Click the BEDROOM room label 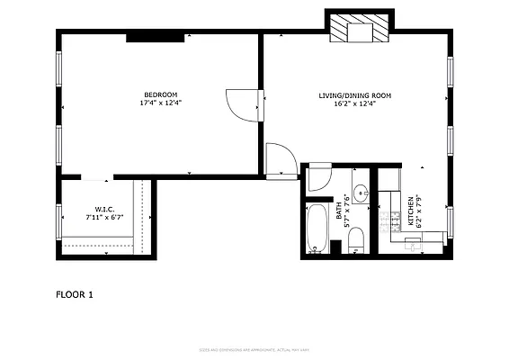160,95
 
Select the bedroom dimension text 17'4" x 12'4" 160,103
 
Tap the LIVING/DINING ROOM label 354,95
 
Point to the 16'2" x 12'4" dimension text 354,103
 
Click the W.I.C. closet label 103,209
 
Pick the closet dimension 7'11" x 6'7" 103,217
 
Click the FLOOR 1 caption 75,294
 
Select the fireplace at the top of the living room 359,30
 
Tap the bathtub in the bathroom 317,230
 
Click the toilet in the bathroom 355,238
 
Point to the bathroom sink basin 360,193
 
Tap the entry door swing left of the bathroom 281,159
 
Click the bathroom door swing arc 319,177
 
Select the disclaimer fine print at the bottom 254,350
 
